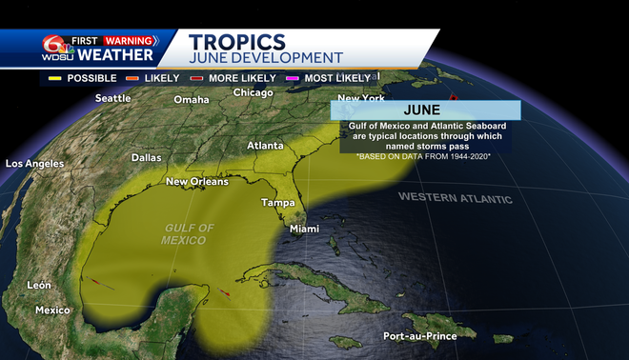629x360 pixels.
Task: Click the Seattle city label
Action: click(112, 98)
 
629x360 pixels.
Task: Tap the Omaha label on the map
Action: click(191, 100)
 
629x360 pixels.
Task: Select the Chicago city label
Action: click(253, 92)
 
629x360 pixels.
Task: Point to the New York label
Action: click(360, 99)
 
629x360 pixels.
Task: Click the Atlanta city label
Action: click(265, 146)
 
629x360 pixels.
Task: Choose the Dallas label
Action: click(146, 157)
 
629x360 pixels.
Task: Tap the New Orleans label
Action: click(197, 181)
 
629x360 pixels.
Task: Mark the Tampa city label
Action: click(277, 203)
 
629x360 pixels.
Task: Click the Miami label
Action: click(304, 229)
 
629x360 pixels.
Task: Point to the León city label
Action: click(38, 285)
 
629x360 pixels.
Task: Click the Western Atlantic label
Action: click(455, 198)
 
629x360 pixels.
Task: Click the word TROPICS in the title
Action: click(237, 42)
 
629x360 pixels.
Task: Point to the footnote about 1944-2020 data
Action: click(423, 155)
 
